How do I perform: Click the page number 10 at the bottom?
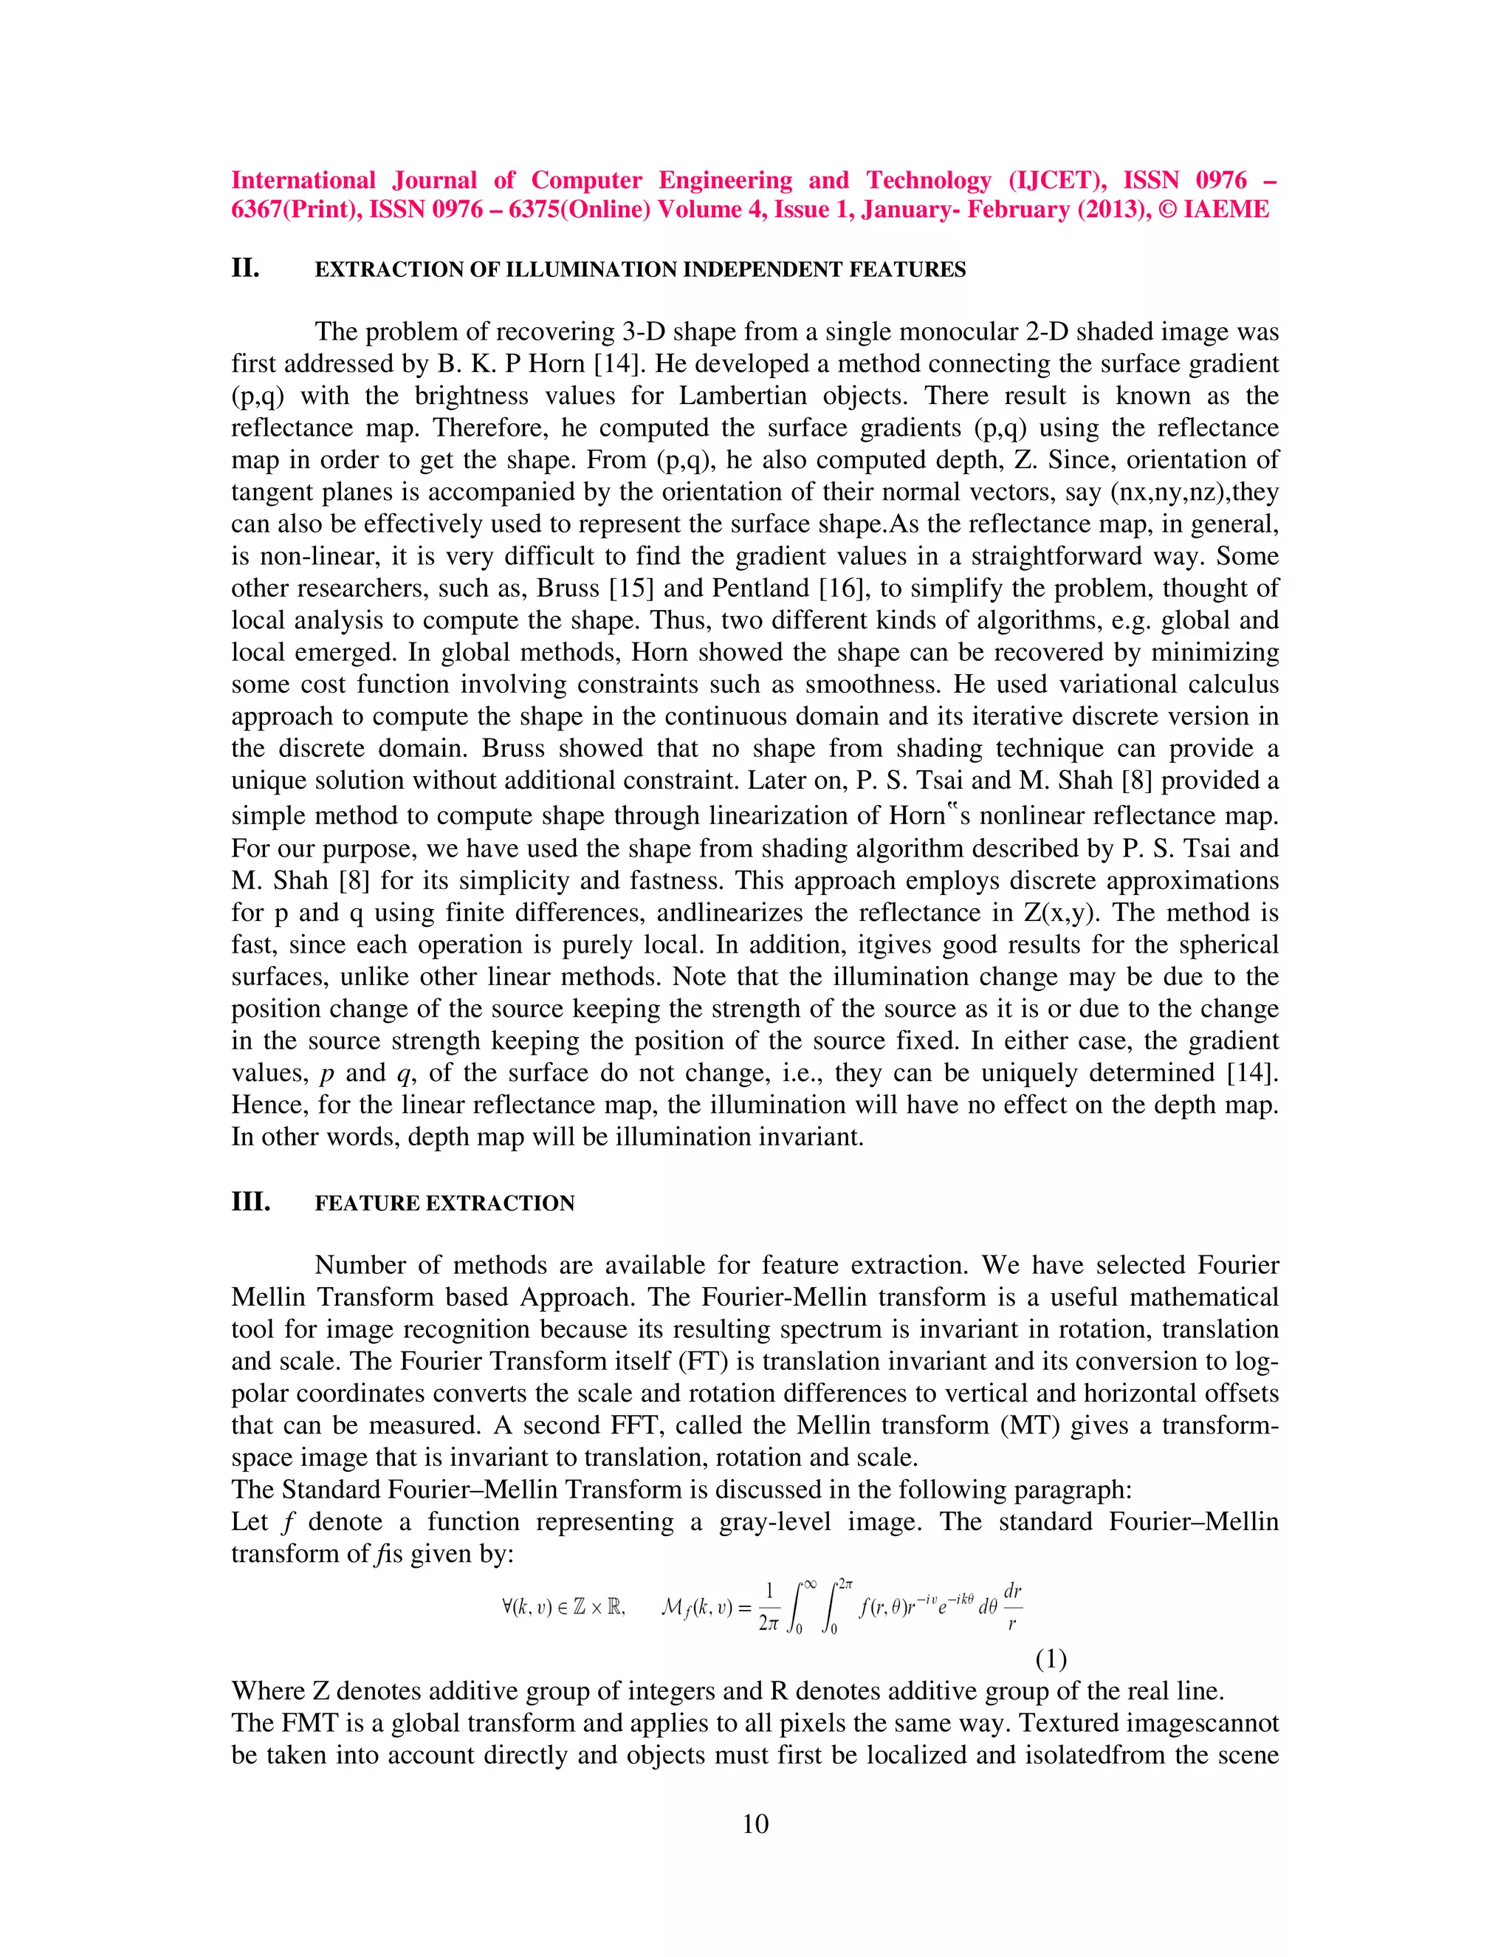click(755, 1824)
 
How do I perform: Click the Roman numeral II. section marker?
click(245, 268)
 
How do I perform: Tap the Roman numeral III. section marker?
click(251, 1202)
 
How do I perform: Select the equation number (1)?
click(1051, 1659)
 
